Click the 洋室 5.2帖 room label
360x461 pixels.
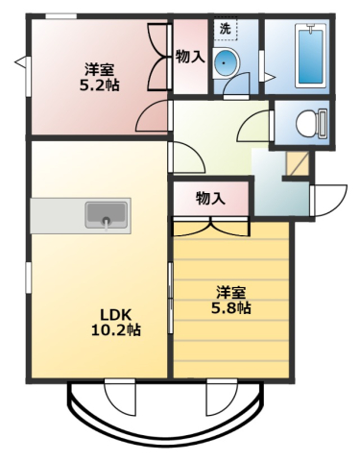pyautogui.click(x=100, y=77)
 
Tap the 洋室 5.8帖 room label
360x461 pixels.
pyautogui.click(x=231, y=300)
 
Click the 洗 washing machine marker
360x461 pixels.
pyautogui.click(x=225, y=29)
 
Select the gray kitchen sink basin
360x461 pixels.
pyautogui.click(x=105, y=214)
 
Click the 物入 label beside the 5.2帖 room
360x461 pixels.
pyautogui.click(x=190, y=57)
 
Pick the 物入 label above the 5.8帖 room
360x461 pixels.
pyautogui.click(x=209, y=199)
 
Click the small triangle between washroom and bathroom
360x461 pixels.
pyautogui.click(x=269, y=76)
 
